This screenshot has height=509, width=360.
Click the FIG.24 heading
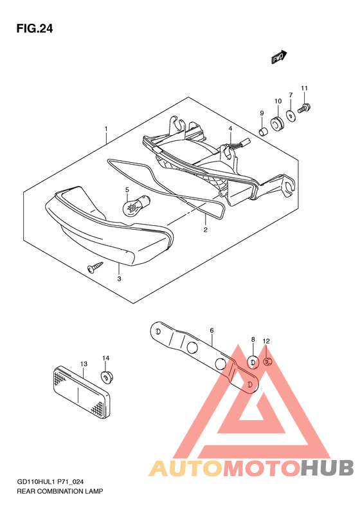tap(34, 29)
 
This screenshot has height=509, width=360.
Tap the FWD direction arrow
tap(279, 57)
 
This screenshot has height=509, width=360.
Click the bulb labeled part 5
tap(132, 205)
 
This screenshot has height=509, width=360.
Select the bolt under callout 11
tap(305, 108)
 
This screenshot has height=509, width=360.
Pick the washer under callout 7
tap(291, 116)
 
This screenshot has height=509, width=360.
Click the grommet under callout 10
tap(276, 124)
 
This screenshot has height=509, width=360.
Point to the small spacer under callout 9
tap(263, 132)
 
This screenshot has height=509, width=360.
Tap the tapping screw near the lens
tap(95, 266)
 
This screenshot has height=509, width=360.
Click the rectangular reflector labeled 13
tap(82, 393)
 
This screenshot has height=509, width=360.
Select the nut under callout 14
tap(105, 376)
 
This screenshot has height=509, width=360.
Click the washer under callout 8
tap(253, 362)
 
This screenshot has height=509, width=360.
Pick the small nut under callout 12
tap(267, 361)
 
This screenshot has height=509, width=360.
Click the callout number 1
tap(106, 129)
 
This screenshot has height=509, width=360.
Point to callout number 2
tap(205, 230)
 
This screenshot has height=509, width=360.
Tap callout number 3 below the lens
tap(119, 279)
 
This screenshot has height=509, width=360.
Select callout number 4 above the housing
tap(230, 129)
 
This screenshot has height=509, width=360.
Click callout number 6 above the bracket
tap(212, 331)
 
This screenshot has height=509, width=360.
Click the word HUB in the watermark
tap(327, 468)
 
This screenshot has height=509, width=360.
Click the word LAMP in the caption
tap(94, 492)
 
